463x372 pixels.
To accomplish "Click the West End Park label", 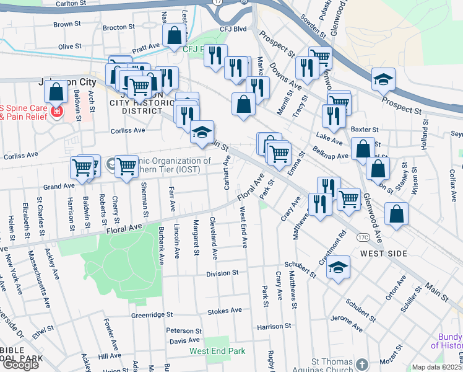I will point(217,351).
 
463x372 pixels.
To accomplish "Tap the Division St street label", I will point(222,273).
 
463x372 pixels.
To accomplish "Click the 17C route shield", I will point(363,237).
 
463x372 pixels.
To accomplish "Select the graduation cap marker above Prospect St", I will point(383,79).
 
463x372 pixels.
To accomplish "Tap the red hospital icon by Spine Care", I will point(56,112).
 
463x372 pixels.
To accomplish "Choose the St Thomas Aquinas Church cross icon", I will point(362,363).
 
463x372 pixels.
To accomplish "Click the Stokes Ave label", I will point(224,311).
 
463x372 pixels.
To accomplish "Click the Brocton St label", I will point(118,27).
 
